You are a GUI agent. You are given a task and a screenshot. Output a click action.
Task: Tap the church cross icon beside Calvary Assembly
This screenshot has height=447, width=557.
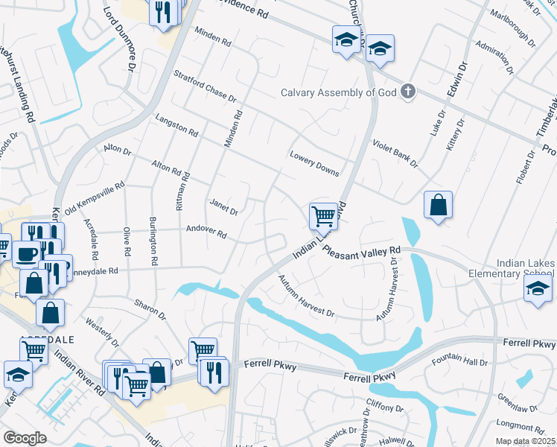[407, 92]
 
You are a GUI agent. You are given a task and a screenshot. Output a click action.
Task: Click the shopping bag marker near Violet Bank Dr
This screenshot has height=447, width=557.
[439, 205]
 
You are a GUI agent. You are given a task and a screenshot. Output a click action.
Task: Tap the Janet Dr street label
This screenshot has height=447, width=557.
[223, 206]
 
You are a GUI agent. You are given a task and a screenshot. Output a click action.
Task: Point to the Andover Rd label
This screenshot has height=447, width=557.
[206, 232]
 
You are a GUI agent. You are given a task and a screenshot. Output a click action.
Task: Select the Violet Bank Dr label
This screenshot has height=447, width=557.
[396, 153]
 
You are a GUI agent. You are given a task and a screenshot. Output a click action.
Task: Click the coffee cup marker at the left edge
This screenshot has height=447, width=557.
[26, 253]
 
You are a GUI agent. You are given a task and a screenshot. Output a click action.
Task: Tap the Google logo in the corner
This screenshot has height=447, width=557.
[25, 437]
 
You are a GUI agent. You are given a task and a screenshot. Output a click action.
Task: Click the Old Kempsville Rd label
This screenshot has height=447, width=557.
[95, 199]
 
